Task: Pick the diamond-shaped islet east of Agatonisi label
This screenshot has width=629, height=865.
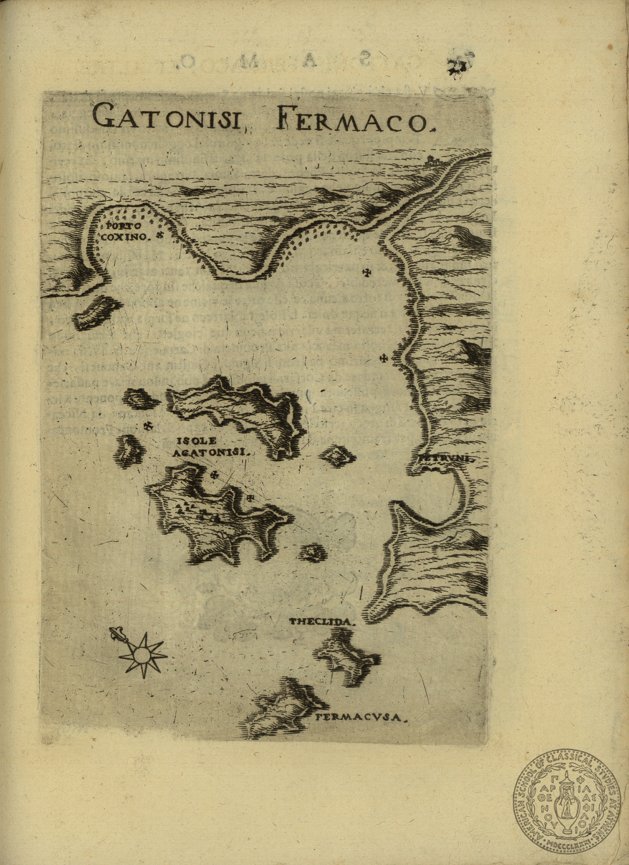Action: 338,455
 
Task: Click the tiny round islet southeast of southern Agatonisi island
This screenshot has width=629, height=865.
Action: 312,553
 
